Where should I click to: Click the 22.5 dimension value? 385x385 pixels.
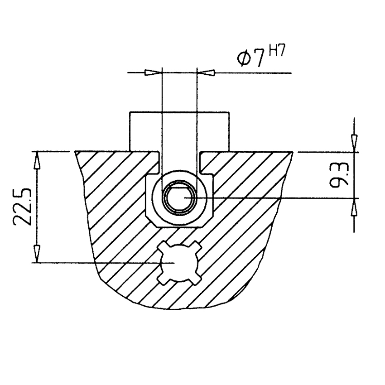point(23,207)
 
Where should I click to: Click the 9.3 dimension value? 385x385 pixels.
point(339,175)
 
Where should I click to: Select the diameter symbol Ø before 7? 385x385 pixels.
point(244,59)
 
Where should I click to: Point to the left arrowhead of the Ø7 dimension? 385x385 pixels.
point(153,72)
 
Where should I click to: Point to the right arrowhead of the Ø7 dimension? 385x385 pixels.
point(206,72)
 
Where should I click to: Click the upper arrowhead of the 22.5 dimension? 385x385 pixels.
point(37,161)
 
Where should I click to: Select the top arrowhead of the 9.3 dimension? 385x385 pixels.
point(354,144)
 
